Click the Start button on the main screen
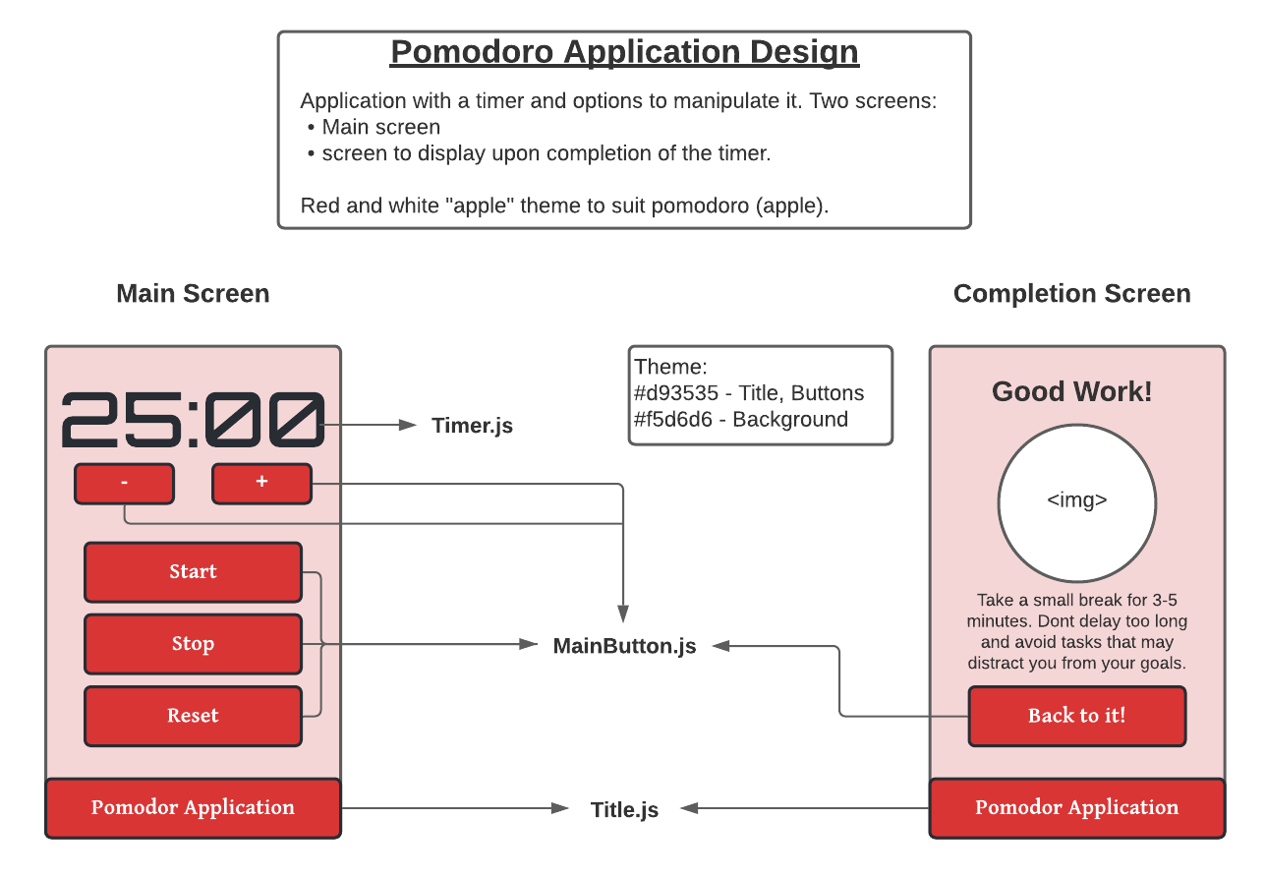tap(193, 572)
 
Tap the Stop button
tap(193, 644)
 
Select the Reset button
tap(193, 716)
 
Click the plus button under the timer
tap(261, 484)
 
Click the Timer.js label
tap(472, 426)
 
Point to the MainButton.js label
tap(624, 646)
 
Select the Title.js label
tap(624, 810)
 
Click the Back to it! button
tap(1076, 716)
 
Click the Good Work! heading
tap(1071, 392)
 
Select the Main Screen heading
tap(193, 294)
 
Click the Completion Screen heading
tap(1071, 294)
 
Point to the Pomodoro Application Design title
tap(624, 52)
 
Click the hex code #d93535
tap(675, 393)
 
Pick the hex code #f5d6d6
tap(673, 420)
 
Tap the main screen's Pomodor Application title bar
tap(193, 808)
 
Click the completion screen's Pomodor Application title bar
tap(1076, 808)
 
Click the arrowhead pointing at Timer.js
tap(409, 425)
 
